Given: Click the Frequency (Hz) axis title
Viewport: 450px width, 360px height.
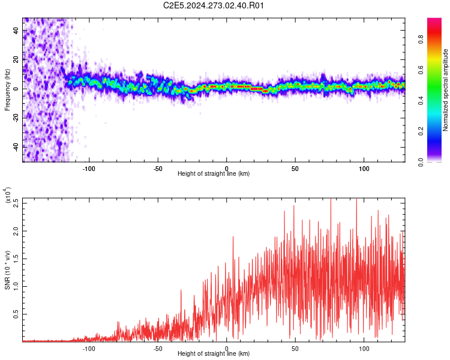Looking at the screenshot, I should point(7,90).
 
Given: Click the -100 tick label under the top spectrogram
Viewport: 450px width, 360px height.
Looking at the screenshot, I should point(89,168).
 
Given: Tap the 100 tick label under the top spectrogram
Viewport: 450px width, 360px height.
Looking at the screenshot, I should point(364,168).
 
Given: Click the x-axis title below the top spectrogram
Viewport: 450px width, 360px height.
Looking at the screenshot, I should point(214,174).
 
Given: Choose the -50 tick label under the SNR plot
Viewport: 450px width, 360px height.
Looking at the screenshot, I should point(157,348).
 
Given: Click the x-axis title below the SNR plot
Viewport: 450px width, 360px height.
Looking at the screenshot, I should point(214,354).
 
